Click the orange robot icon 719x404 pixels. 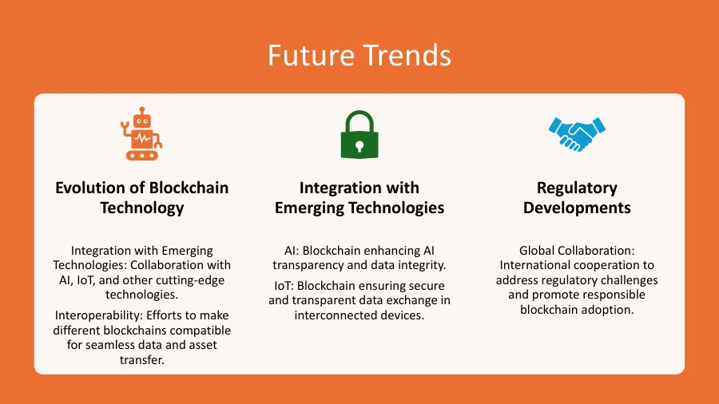pos(141,133)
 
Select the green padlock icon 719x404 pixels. pos(359,133)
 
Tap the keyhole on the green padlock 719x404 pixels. pos(359,145)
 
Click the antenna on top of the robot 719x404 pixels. pos(142,110)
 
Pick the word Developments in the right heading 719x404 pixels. pos(577,208)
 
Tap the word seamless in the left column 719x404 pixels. pos(109,345)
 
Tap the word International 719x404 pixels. pos(538,265)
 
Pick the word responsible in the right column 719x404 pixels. pos(611,295)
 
